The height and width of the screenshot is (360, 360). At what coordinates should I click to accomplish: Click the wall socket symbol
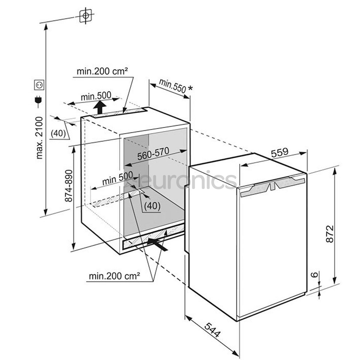pos(39,85)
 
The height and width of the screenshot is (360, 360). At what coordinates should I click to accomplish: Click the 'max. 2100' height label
pos(39,137)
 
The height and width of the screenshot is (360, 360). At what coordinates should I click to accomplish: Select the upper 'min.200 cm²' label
pos(102,71)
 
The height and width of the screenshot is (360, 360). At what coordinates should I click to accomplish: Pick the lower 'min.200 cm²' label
pos(114,276)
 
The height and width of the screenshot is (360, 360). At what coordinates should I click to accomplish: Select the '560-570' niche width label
pos(153,153)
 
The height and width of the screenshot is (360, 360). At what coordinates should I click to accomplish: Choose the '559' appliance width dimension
pos(280,153)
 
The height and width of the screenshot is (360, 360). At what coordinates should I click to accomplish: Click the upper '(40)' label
pos(58,134)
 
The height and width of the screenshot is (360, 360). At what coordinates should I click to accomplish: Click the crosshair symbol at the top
pos(86,16)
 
